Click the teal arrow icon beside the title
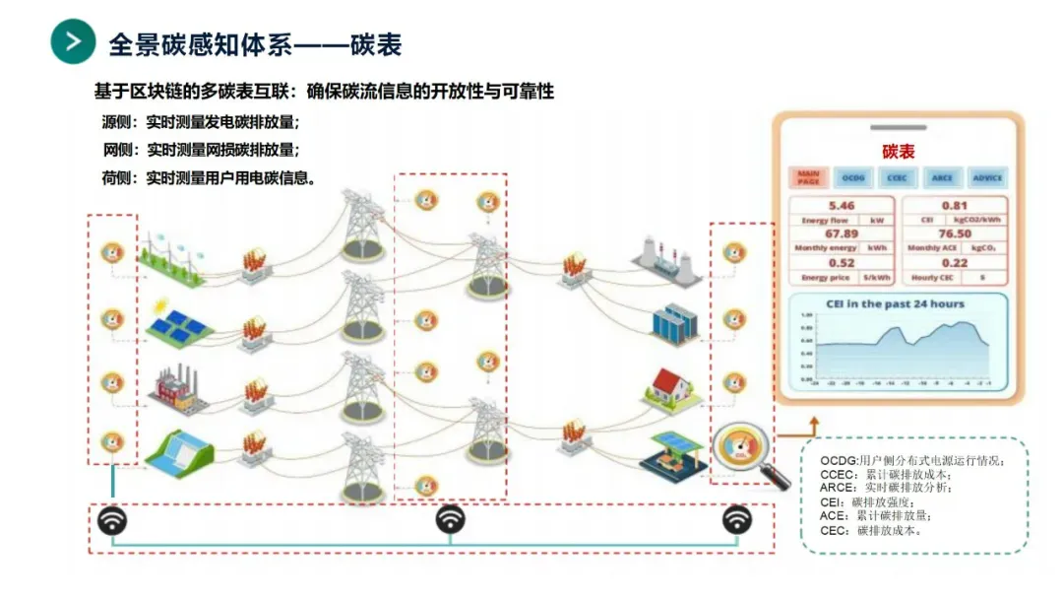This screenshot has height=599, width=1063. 74,41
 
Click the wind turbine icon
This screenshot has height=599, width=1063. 174,252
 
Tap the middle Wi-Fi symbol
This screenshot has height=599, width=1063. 451,519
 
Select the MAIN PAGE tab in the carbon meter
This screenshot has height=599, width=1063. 808,177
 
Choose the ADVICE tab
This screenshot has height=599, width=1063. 987,177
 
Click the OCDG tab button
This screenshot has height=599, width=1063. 852,177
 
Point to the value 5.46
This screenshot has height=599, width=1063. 842,206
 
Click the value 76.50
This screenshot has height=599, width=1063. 954,233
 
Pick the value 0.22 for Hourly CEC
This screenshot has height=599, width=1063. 954,262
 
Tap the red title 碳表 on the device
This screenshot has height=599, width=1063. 898,151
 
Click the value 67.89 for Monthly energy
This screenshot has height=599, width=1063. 842,233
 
